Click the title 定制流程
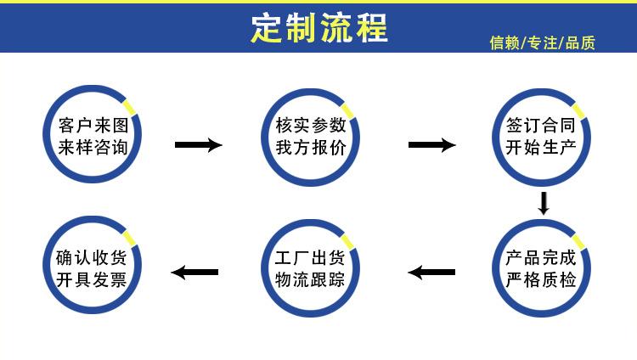pyautogui.click(x=319, y=28)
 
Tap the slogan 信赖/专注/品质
pyautogui.click(x=543, y=42)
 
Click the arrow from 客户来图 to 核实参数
pyautogui.click(x=198, y=145)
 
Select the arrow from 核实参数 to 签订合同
pyautogui.click(x=431, y=145)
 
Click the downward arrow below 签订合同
pyautogui.click(x=544, y=203)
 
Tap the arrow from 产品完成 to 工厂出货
pyautogui.click(x=431, y=273)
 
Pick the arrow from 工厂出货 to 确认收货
pyautogui.click(x=194, y=273)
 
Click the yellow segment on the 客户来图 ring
pyautogui.click(x=130, y=107)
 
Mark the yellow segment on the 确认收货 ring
pyautogui.click(x=130, y=238)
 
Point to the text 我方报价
pyautogui.click(x=310, y=147)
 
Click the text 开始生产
pyautogui.click(x=541, y=147)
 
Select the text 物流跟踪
pyautogui.click(x=310, y=279)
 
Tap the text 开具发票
pyautogui.click(x=92, y=279)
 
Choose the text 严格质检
pyautogui.click(x=541, y=279)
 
